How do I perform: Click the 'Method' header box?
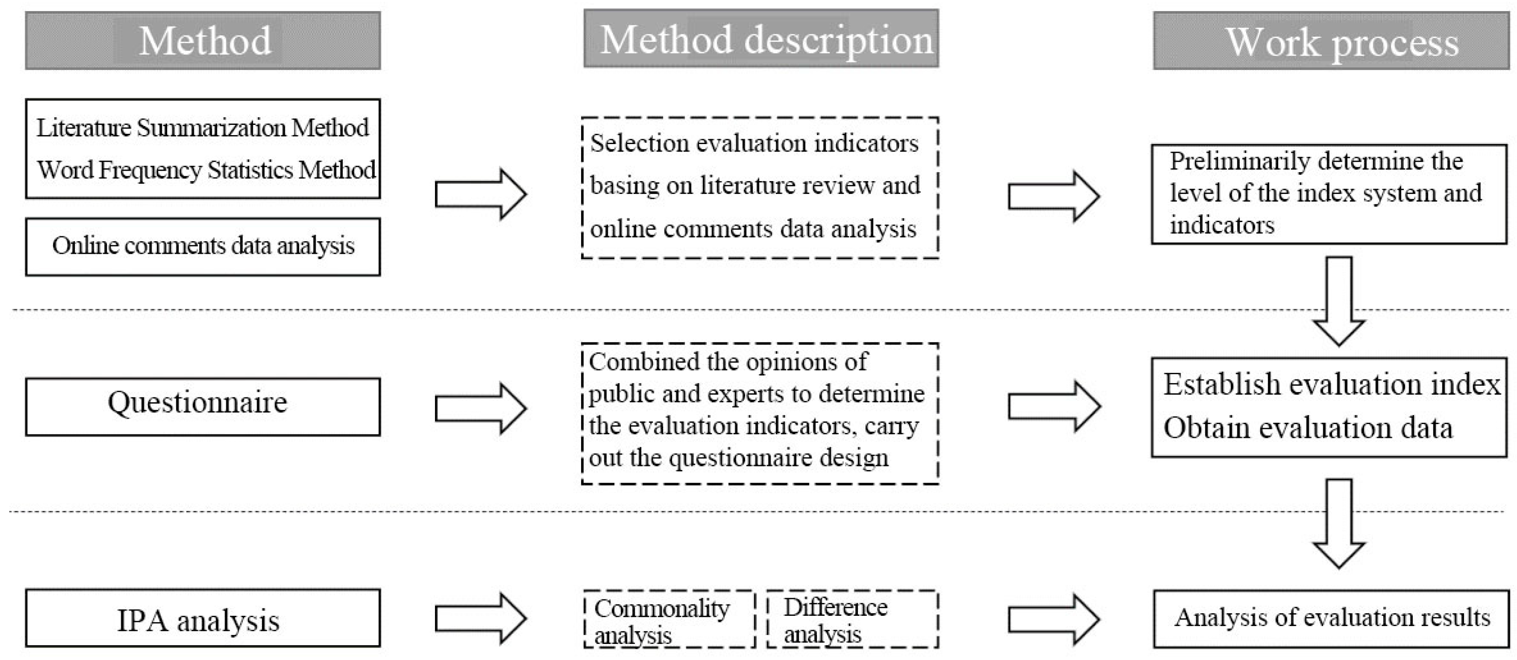click(x=203, y=41)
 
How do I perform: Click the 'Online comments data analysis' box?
click(x=203, y=247)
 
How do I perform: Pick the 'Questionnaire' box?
click(x=203, y=407)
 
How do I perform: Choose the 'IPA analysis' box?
click(x=203, y=618)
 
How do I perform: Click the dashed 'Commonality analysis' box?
click(x=669, y=619)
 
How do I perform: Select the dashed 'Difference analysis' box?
click(x=853, y=619)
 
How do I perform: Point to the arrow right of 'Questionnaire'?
click(x=480, y=408)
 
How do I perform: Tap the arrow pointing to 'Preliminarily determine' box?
click(x=1054, y=196)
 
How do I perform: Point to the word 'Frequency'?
click(x=150, y=170)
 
